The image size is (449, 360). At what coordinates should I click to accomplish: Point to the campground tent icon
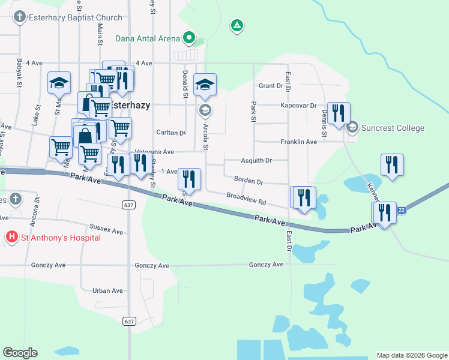pyautogui.click(x=238, y=26)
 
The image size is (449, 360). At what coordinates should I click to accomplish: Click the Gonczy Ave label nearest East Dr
pyautogui.click(x=266, y=265)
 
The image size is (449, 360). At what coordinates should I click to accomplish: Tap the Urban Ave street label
pyautogui.click(x=107, y=290)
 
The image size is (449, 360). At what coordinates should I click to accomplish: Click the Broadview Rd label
pyautogui.click(x=246, y=196)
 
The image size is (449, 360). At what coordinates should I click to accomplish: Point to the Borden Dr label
pyautogui.click(x=249, y=181)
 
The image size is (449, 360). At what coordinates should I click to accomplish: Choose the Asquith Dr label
pyautogui.click(x=256, y=161)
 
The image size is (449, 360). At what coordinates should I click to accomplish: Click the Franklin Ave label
pyautogui.click(x=299, y=142)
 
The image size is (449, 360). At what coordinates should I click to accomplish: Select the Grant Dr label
pyautogui.click(x=270, y=86)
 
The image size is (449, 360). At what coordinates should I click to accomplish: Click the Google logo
pyautogui.click(x=20, y=353)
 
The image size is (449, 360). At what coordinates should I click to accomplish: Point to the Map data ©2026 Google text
pyautogui.click(x=412, y=355)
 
